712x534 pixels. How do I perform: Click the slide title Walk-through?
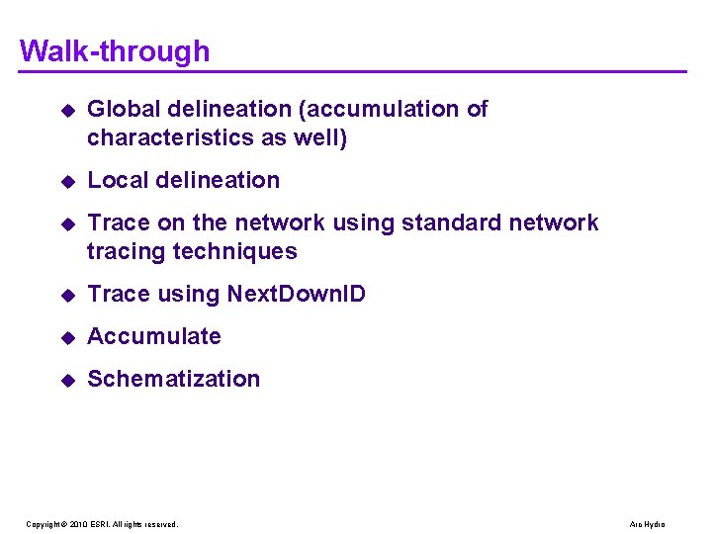[x=115, y=50]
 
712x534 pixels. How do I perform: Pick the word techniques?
[x=235, y=251]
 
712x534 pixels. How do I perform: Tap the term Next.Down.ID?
[x=297, y=294]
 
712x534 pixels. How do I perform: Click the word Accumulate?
[x=154, y=336]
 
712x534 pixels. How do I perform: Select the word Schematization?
[x=174, y=379]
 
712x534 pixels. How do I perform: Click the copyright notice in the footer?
[x=102, y=524]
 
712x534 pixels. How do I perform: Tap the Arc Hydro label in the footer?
[x=648, y=524]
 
